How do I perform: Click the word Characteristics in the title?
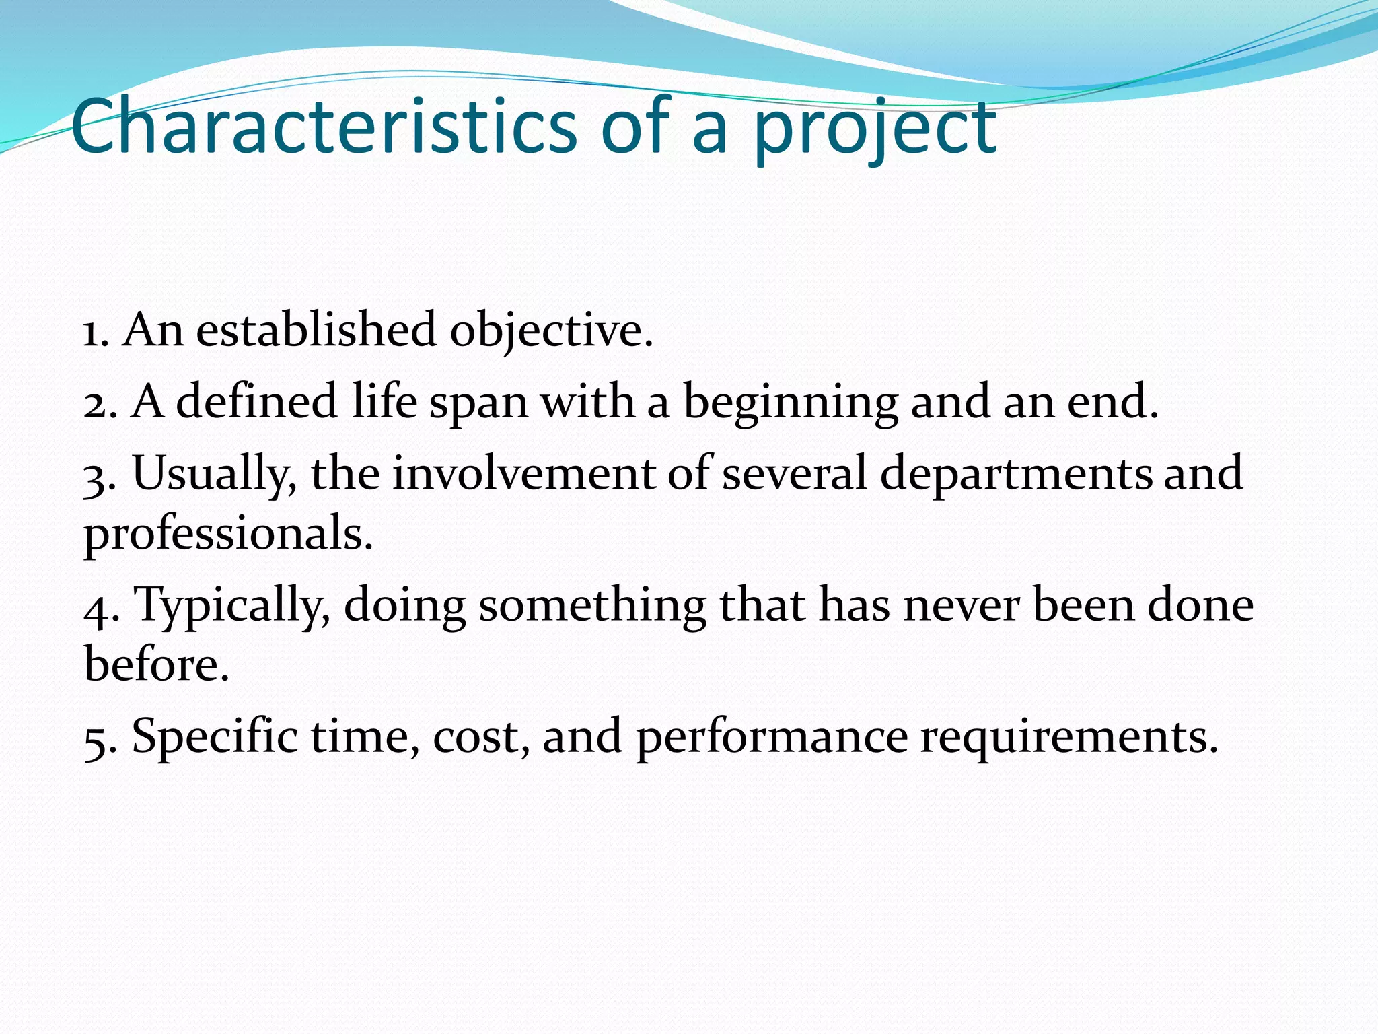[323, 127]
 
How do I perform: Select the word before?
[156, 664]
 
